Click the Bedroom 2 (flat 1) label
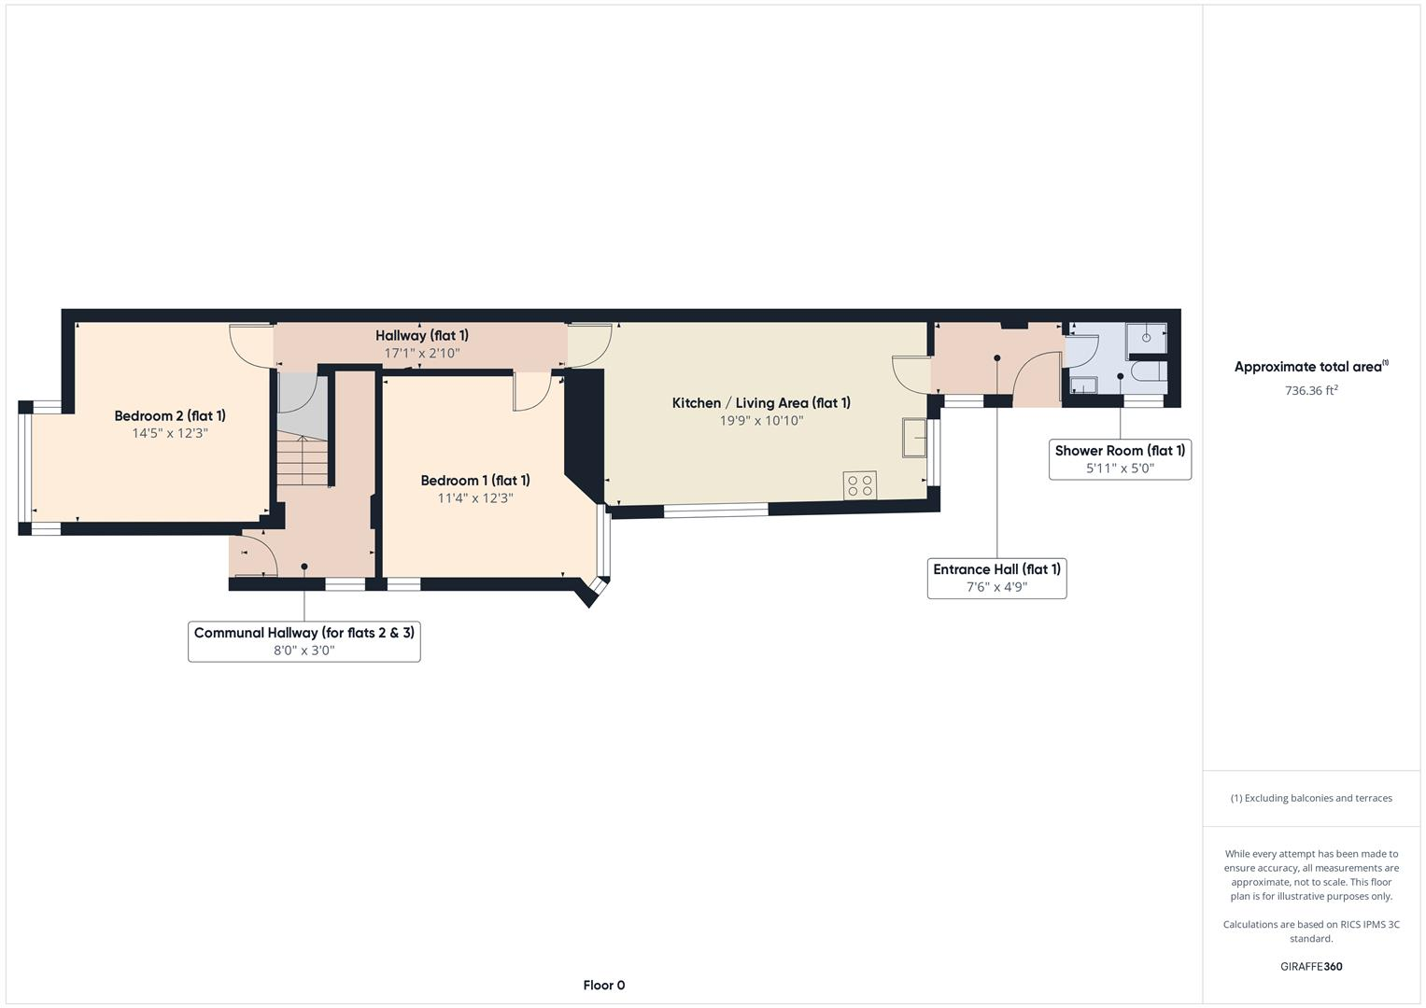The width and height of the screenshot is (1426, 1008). tap(170, 416)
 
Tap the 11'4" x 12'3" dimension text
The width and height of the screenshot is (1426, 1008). tap(475, 498)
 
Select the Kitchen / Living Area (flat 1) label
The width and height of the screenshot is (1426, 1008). tap(761, 403)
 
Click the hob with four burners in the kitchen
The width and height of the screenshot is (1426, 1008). tap(860, 485)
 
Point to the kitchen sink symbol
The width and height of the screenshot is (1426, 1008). tap(914, 438)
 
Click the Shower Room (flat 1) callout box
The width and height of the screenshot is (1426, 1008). tap(1120, 459)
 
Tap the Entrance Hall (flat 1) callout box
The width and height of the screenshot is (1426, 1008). tap(996, 578)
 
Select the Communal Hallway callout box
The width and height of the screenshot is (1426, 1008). tap(304, 641)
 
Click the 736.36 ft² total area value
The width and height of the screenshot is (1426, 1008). tap(1311, 391)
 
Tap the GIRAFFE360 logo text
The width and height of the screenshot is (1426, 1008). tap(1311, 966)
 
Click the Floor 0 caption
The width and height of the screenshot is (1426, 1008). tap(603, 985)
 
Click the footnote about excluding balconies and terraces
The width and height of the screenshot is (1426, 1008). tap(1311, 798)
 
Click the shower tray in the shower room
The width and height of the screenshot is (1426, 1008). tap(1147, 340)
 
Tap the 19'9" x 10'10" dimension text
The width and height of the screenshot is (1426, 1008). tap(761, 421)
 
